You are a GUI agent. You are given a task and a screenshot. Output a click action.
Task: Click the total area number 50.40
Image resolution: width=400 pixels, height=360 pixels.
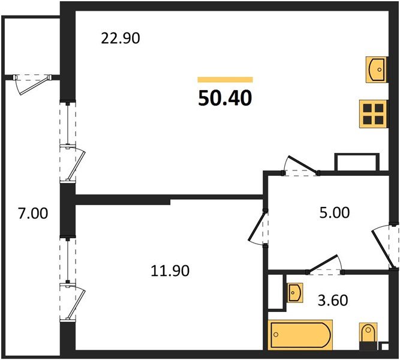tap(225, 98)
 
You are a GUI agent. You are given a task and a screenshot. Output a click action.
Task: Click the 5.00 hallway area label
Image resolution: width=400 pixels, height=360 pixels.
tap(334, 212)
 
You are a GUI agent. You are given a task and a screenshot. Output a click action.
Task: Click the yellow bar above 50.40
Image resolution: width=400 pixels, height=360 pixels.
tap(225, 79)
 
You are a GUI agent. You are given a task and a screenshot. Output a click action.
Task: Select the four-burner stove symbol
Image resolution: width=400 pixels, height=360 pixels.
tap(372, 113)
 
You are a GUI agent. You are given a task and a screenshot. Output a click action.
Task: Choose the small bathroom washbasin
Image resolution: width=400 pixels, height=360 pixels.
tap(294, 292)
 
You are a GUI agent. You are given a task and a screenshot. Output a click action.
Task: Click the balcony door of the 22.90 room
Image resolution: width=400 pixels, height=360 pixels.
tap(72, 162)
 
